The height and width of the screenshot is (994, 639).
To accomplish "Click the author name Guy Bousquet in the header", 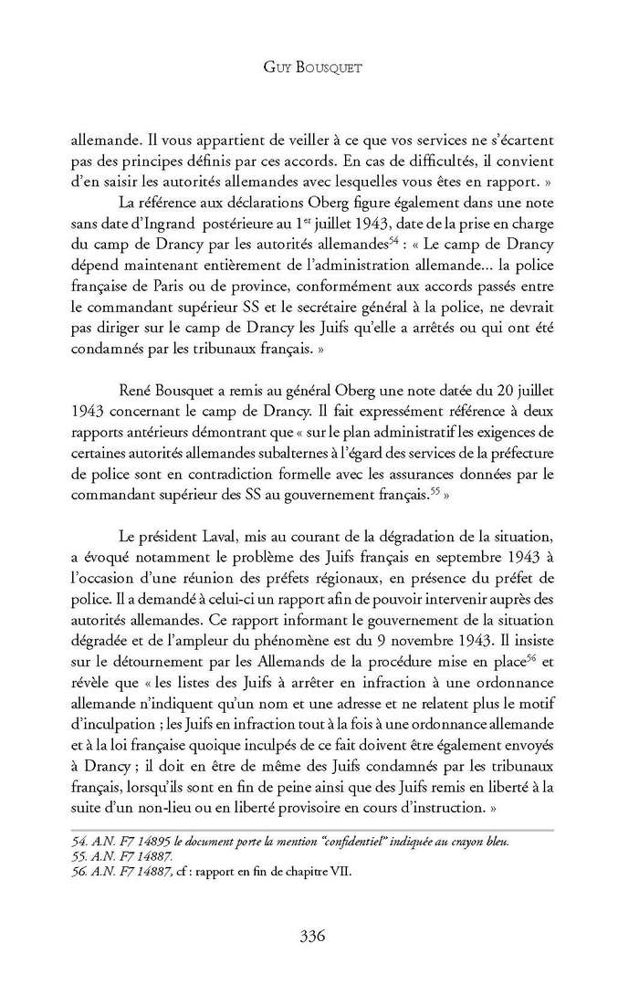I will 319,68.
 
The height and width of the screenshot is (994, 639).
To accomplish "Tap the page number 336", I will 319,934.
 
